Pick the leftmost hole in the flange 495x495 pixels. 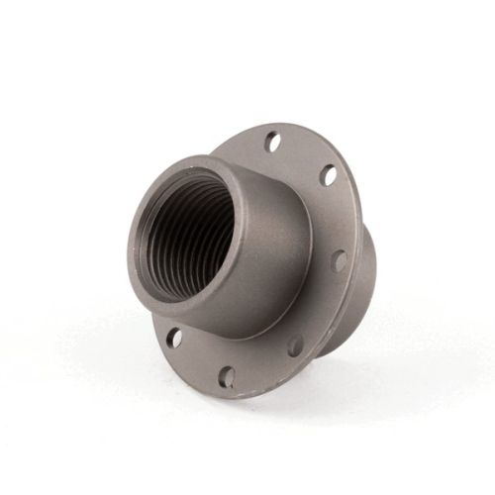(x=174, y=338)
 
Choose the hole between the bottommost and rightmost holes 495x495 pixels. (x=295, y=346)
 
